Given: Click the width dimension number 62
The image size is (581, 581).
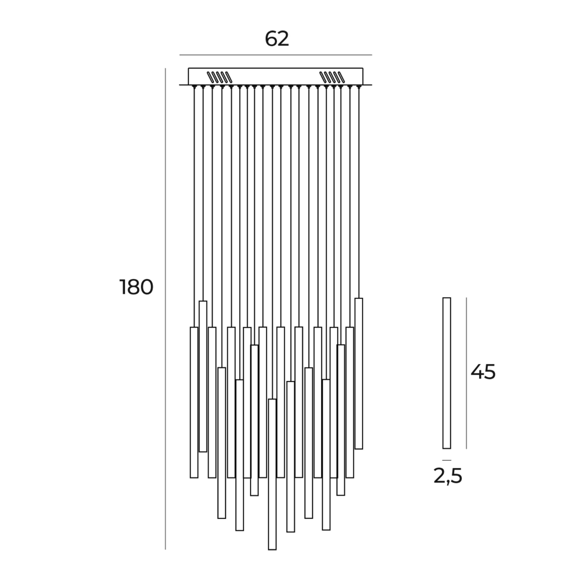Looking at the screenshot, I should click(x=277, y=39).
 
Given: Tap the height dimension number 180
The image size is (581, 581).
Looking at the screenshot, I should click(x=136, y=287).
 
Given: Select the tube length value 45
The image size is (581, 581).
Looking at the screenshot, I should click(x=483, y=372).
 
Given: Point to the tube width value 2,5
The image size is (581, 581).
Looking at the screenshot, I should click(x=448, y=476).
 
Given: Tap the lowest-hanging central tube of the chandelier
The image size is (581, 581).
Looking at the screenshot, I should click(x=272, y=474).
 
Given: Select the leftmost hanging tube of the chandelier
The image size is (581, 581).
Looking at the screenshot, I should click(x=194, y=402).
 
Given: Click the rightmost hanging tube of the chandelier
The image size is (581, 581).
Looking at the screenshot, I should click(x=359, y=373).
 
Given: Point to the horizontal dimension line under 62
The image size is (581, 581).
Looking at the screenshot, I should click(x=276, y=55).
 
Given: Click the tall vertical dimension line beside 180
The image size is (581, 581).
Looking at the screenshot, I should click(x=165, y=309).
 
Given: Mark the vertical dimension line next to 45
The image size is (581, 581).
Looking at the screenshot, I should click(x=466, y=373).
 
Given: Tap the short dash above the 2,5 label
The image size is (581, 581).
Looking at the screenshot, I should click(x=447, y=460).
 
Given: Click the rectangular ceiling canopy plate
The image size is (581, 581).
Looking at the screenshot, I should click(x=276, y=76).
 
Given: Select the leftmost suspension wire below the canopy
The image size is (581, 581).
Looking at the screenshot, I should click(x=194, y=204).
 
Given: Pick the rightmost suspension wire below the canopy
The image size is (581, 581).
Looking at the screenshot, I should click(x=359, y=191).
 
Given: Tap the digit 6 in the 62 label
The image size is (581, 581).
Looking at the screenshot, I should click(x=271, y=39).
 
